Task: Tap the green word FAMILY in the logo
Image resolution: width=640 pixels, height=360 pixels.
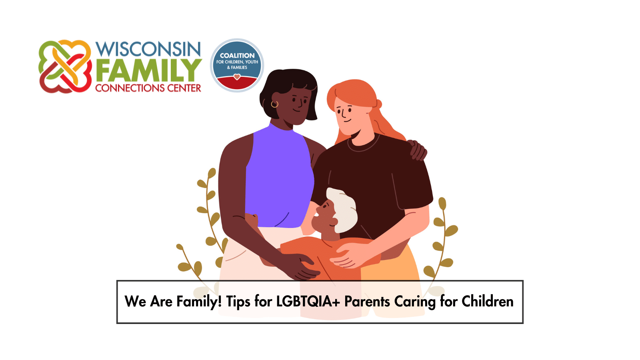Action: (148, 70)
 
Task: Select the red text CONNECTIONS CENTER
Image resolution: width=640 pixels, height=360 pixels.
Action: (148, 88)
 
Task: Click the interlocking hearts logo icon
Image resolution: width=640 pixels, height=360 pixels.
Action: (65, 66)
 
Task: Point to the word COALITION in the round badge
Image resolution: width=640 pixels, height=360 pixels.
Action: (237, 56)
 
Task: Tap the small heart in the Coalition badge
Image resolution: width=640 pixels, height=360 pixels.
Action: (237, 76)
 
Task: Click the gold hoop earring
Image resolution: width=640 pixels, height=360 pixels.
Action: (274, 104)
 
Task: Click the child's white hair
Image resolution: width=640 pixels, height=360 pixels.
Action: (343, 208)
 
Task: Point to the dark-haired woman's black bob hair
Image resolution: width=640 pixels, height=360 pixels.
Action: (288, 88)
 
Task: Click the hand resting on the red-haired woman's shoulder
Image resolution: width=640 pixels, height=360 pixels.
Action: (417, 150)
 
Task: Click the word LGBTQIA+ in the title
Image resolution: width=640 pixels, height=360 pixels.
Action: (308, 302)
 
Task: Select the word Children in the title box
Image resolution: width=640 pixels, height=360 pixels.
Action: (488, 302)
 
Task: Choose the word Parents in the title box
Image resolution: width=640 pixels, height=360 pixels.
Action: (367, 302)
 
